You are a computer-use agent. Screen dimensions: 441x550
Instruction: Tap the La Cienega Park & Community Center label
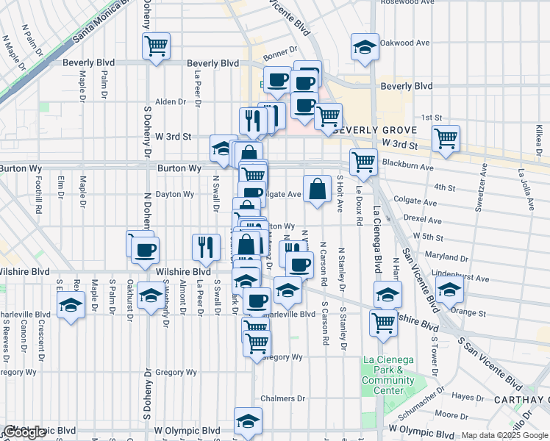pos(388,375)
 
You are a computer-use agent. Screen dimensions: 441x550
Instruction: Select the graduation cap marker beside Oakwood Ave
pos(365,49)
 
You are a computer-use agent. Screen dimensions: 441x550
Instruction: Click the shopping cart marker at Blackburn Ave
pos(363,162)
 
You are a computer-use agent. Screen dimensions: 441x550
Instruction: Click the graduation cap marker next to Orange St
pos(449,291)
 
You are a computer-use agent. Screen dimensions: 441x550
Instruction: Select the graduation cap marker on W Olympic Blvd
pos(249,422)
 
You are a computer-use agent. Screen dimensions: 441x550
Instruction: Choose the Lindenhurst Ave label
pos(463,279)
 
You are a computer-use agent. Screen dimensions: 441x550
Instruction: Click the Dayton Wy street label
pos(174,195)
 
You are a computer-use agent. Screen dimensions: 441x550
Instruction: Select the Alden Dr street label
pos(170,101)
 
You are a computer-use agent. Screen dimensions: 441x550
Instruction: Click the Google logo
pos(25,431)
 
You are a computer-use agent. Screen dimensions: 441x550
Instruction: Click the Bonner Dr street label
pos(279,54)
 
